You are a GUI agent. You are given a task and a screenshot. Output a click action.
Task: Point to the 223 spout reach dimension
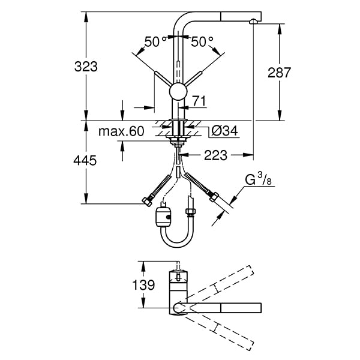[215, 155]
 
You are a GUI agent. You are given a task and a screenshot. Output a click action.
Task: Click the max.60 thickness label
[122, 131]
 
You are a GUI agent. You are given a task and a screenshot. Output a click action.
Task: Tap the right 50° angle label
[202, 41]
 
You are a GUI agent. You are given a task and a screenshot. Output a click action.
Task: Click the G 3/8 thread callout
[254, 179]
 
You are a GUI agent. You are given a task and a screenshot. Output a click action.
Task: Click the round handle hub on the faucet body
[178, 92]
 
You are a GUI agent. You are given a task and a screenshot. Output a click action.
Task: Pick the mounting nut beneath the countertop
[178, 142]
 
